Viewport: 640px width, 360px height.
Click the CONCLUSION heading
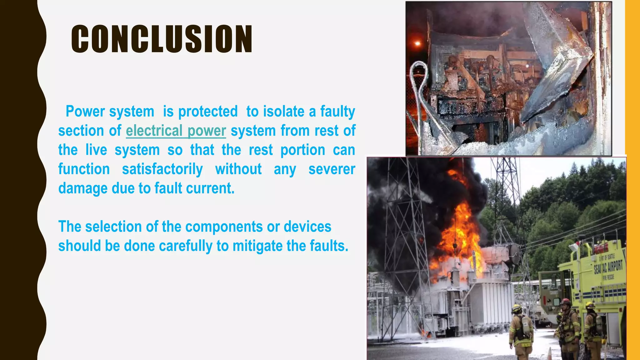coord(162,39)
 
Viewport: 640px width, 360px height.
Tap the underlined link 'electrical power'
coord(176,131)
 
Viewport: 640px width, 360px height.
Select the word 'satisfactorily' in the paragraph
coord(162,169)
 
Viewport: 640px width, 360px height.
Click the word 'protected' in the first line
coord(208,112)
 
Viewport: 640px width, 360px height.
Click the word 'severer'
coord(332,169)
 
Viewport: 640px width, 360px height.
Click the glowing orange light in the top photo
coord(417,43)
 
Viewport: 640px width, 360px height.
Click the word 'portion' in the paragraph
coord(302,150)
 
